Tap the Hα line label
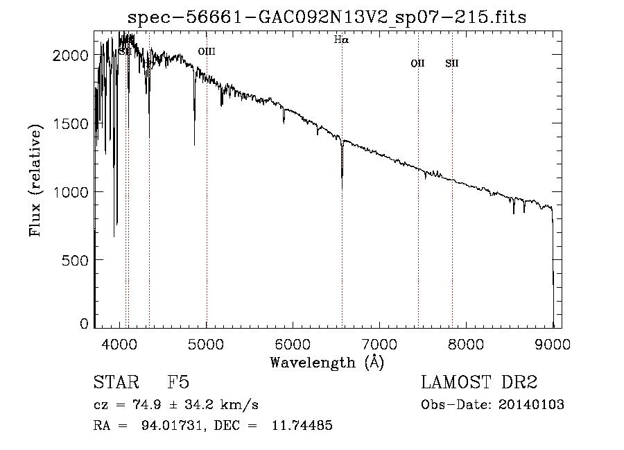(341, 40)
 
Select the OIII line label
(207, 51)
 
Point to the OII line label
(417, 64)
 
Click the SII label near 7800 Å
(452, 64)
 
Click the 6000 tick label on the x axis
(293, 343)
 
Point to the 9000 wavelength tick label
(553, 343)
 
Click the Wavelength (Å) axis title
(327, 362)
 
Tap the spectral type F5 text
(177, 383)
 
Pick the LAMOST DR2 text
(479, 383)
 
